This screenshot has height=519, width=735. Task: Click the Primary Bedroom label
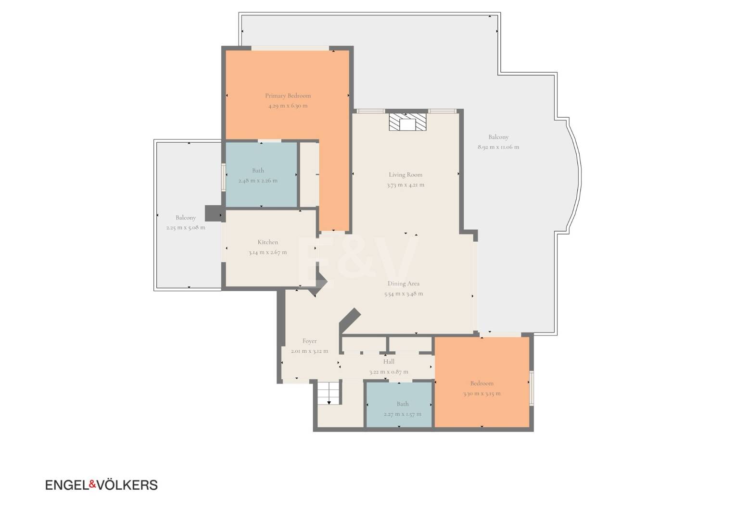click(288, 96)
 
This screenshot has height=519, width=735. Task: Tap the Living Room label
click(406, 175)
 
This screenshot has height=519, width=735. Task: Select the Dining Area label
click(404, 284)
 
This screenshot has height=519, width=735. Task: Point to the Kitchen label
click(268, 242)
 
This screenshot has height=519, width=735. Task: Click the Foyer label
click(309, 341)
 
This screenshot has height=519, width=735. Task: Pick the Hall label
click(389, 362)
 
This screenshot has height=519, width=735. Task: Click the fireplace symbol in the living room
click(407, 122)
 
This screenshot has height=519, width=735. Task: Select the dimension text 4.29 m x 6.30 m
click(288, 106)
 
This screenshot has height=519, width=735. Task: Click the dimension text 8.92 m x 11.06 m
click(498, 147)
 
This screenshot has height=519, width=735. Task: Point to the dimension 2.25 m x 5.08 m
click(186, 227)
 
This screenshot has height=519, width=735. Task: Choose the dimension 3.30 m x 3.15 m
click(482, 394)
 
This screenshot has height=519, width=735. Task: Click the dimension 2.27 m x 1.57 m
click(403, 414)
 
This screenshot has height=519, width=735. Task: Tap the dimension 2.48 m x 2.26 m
click(258, 181)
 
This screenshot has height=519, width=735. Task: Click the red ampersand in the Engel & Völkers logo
click(92, 484)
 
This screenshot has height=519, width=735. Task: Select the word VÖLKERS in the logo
click(127, 484)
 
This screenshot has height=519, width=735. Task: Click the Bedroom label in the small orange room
click(482, 383)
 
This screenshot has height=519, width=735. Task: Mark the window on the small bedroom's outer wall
click(532, 388)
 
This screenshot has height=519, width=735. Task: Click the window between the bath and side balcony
click(224, 177)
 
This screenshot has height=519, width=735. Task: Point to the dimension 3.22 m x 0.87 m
click(389, 372)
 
